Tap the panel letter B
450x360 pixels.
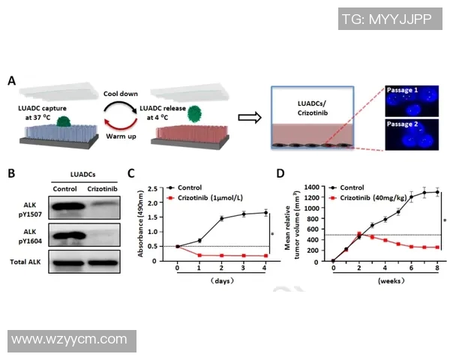click(x=12, y=173)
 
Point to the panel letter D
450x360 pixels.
click(x=282, y=173)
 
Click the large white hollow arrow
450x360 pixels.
click(x=249, y=117)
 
